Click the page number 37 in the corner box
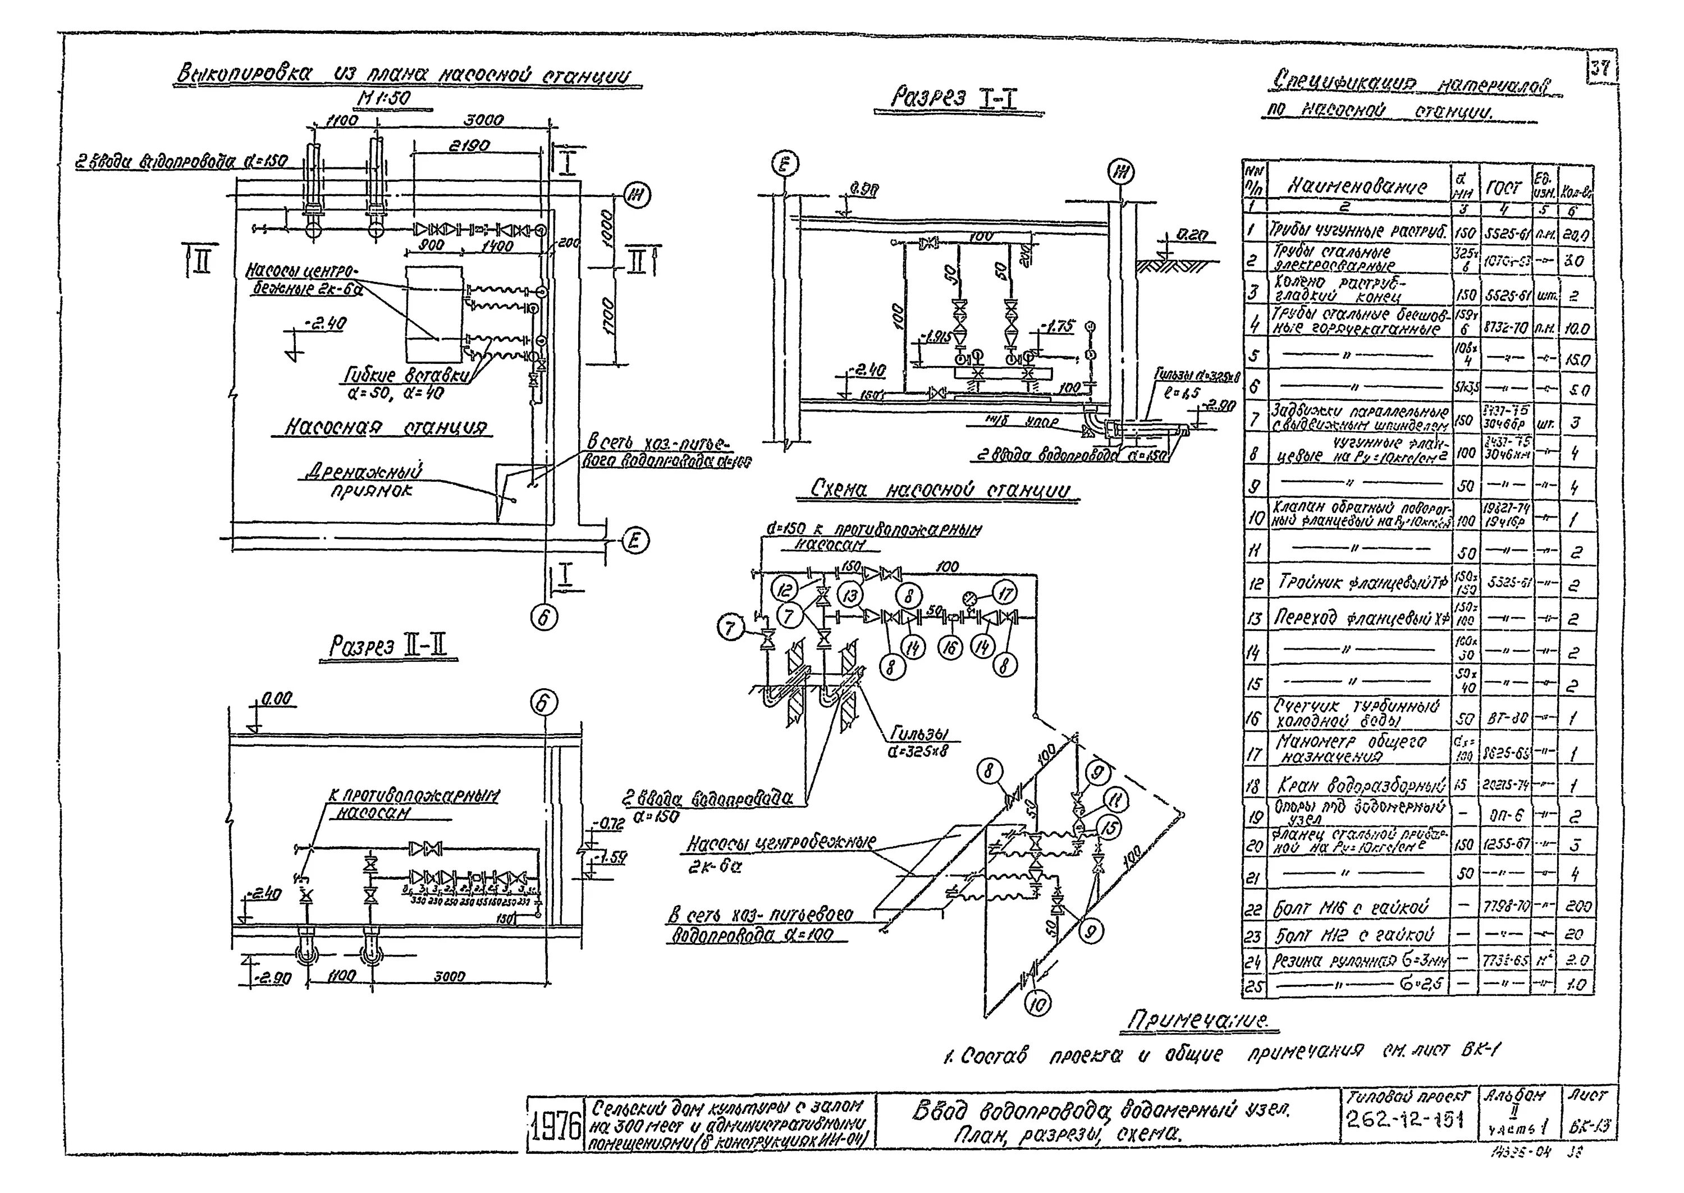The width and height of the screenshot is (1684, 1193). click(1601, 70)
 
